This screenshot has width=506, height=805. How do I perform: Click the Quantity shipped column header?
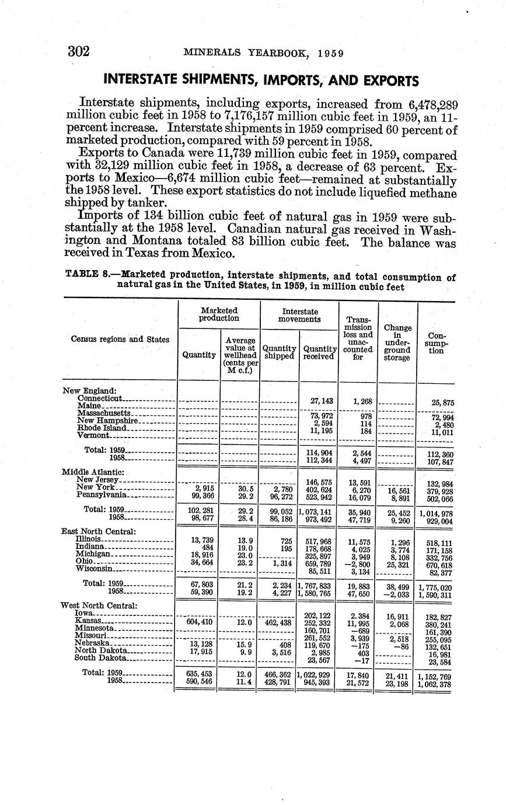coord(279,352)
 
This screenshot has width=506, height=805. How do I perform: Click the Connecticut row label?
coord(99,397)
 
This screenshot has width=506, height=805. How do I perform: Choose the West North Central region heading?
coord(99,605)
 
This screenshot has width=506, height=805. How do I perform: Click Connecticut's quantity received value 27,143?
coord(318,401)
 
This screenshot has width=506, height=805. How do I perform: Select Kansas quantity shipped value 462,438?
coord(278,622)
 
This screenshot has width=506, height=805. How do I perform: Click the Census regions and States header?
coord(120,339)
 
